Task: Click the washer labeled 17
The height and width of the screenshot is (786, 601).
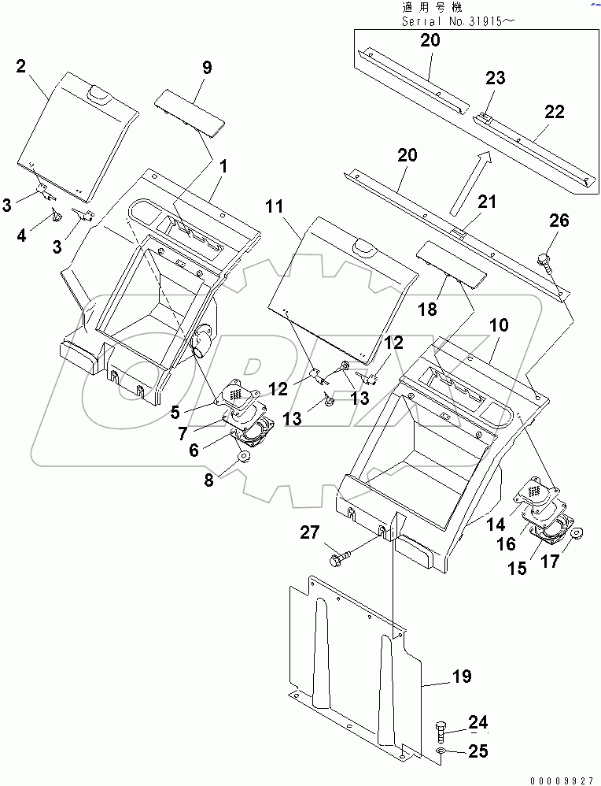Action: [x=574, y=533]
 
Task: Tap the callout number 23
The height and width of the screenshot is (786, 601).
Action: [x=495, y=79]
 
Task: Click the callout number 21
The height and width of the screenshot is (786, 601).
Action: [x=489, y=202]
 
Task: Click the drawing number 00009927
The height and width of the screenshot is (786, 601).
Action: [x=561, y=779]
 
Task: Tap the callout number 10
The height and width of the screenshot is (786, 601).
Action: [x=500, y=324]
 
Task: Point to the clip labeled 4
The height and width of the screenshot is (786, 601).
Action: [x=57, y=215]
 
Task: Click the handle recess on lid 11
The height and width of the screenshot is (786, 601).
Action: [x=363, y=247]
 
